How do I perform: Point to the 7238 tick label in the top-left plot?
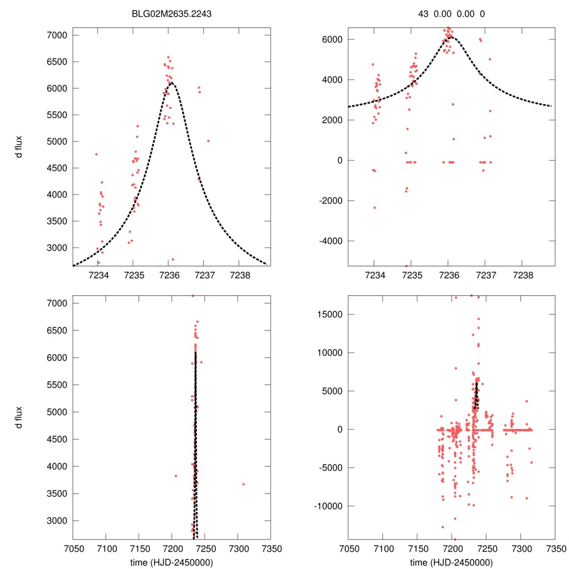pos(239,275)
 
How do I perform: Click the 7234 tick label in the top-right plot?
pos(375,275)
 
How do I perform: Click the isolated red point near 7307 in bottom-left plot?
pos(243,484)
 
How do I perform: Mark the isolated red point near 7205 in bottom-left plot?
pos(176,476)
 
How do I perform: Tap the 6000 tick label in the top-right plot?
pos(332,39)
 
